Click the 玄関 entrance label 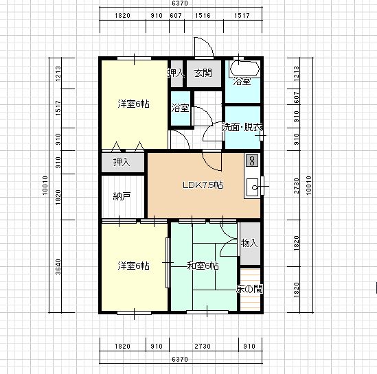point(203,73)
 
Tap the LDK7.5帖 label point(203,185)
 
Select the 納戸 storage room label point(122,196)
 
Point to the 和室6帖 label point(203,266)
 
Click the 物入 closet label point(249,243)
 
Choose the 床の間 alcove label point(249,289)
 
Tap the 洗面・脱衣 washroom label point(242,127)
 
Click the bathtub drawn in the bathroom point(244,69)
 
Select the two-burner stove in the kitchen point(252,161)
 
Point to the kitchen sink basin point(253,187)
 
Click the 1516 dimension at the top point(203,16)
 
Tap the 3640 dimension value point(58,267)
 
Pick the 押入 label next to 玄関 point(176,73)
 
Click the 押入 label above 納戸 point(122,162)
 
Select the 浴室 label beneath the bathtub point(242,81)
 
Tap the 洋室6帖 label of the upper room point(134,104)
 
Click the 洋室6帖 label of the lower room point(134,266)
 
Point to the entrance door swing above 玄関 point(204,47)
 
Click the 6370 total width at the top point(180,3)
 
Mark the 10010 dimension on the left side point(45,185)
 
